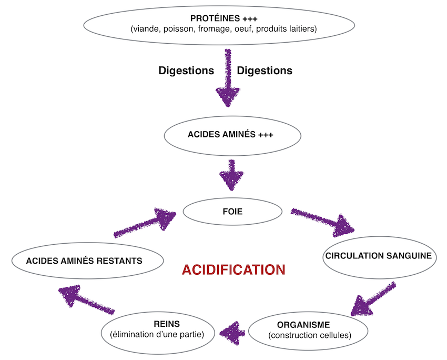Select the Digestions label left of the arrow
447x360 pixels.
tap(186, 71)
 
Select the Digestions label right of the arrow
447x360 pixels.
tap(265, 71)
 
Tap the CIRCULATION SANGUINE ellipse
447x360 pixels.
tap(379, 257)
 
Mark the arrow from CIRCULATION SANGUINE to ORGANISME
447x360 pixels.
tap(373, 299)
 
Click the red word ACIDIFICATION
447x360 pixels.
tap(233, 269)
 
